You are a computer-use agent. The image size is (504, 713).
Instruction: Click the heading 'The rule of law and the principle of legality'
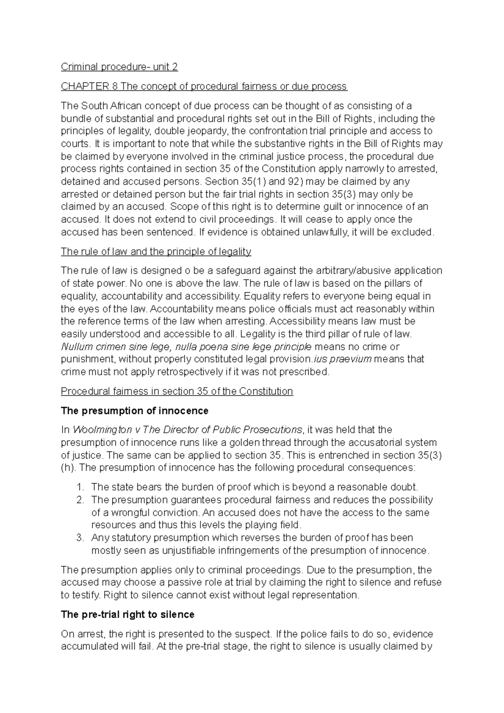[x=156, y=252]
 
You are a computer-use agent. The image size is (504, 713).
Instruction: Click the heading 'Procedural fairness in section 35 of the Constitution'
[x=177, y=391]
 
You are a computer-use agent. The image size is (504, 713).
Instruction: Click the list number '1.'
[x=81, y=488]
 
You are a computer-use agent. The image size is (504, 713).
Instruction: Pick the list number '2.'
[x=81, y=500]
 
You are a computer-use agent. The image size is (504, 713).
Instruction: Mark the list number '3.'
[x=81, y=538]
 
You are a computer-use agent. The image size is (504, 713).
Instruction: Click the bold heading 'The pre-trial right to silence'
[x=128, y=615]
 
